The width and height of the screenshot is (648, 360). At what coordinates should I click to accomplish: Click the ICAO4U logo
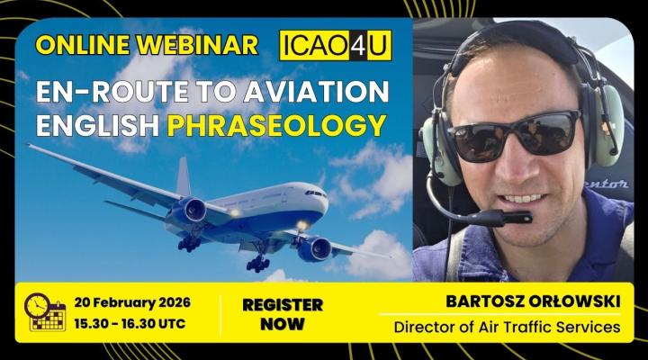[336, 45]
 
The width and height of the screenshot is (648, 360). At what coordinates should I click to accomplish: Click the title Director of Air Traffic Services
[507, 327]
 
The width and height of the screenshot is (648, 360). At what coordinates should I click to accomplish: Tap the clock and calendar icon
[45, 311]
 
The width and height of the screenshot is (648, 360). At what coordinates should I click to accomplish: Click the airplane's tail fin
[183, 175]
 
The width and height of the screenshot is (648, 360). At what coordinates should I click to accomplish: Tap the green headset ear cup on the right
[604, 126]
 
